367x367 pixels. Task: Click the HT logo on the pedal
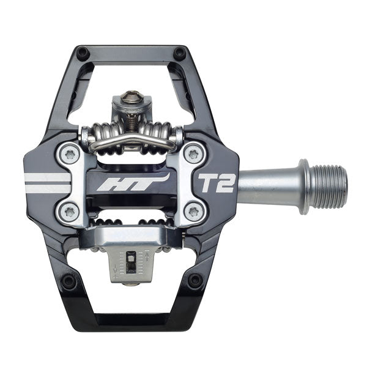click(x=146, y=182)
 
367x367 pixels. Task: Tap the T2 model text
click(x=217, y=182)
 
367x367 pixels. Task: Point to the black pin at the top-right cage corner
click(x=179, y=54)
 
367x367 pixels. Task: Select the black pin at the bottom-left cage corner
click(x=69, y=281)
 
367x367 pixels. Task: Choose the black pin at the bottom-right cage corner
click(x=195, y=281)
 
